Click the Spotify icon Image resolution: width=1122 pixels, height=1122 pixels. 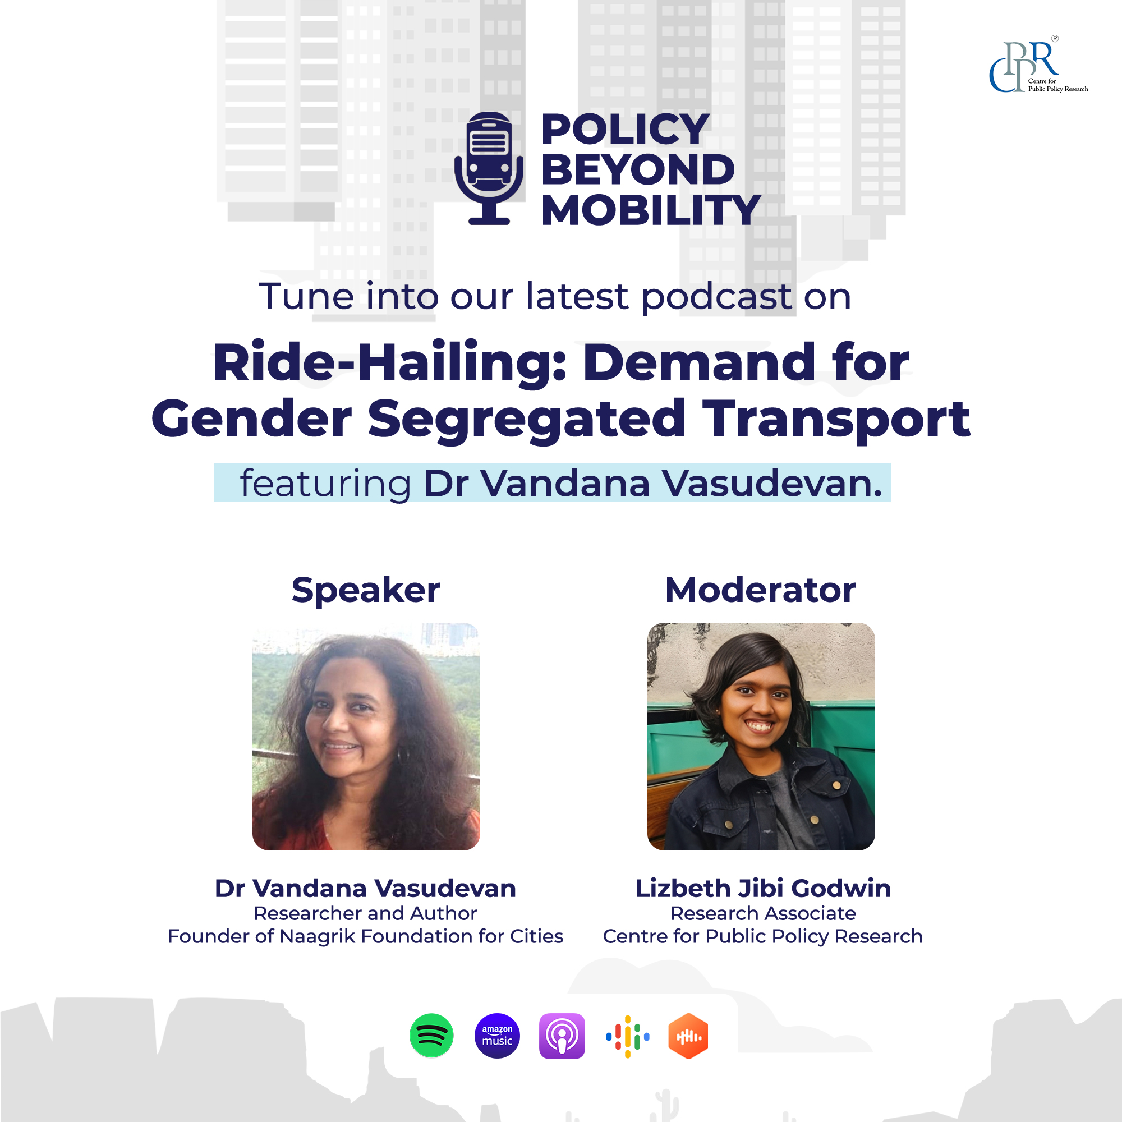(x=431, y=1036)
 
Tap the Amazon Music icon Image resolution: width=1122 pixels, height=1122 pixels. (x=497, y=1036)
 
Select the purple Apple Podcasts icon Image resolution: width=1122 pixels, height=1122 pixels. (x=562, y=1036)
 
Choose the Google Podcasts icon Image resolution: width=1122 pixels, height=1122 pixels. (x=628, y=1036)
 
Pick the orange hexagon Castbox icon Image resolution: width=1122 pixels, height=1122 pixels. (x=688, y=1036)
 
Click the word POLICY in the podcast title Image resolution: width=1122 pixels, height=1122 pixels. (x=625, y=129)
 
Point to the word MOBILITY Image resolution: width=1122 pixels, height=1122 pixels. (x=650, y=210)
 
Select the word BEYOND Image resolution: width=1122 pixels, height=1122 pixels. (x=638, y=169)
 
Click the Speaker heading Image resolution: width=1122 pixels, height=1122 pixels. (x=366, y=591)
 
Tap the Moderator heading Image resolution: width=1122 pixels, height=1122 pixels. (x=760, y=590)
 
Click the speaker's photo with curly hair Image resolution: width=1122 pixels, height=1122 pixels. (x=366, y=737)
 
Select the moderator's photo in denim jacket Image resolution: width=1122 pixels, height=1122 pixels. (x=761, y=737)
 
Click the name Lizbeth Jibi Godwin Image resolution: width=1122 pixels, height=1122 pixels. (x=762, y=889)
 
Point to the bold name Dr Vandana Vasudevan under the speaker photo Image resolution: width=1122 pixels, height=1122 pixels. (x=365, y=889)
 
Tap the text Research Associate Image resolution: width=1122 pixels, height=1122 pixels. (x=763, y=913)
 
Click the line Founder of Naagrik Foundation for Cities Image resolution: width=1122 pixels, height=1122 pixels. (x=365, y=937)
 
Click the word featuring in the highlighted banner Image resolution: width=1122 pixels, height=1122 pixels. (x=325, y=483)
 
